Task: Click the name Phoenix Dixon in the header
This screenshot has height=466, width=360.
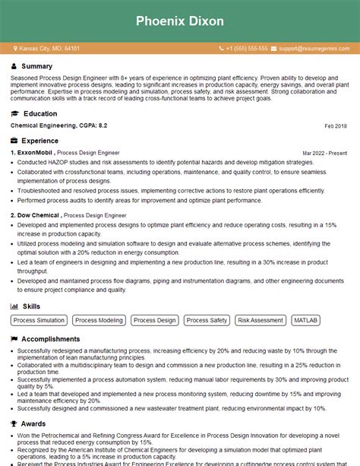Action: click(x=180, y=21)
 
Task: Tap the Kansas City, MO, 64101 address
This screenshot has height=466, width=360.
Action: click(x=49, y=48)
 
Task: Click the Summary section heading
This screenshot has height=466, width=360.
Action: click(x=37, y=67)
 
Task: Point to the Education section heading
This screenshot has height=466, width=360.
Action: click(x=39, y=113)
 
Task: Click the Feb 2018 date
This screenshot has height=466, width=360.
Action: click(x=335, y=125)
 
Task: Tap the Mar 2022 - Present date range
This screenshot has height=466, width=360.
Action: click(x=324, y=153)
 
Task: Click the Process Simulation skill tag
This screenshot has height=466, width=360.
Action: click(x=39, y=320)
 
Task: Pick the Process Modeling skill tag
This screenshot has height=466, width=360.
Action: click(x=99, y=320)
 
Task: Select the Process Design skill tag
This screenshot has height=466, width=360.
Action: click(x=155, y=320)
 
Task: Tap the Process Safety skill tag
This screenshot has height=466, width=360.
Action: click(x=207, y=320)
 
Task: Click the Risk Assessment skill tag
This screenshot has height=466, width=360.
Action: click(x=261, y=320)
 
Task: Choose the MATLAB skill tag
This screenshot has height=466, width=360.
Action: click(x=306, y=320)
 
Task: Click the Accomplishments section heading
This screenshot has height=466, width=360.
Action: click(x=50, y=339)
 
